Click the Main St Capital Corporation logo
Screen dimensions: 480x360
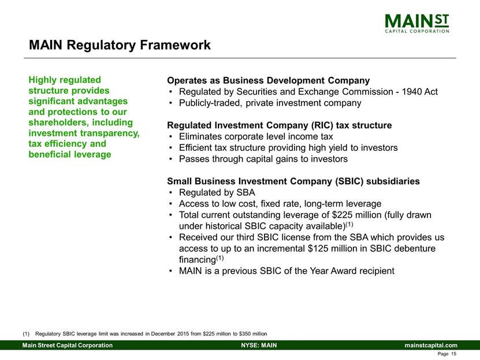coord(417,23)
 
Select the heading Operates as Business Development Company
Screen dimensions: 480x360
coord(268,80)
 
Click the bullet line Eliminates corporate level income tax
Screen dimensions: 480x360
coord(256,136)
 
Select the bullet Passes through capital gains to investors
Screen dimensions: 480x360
coord(263,159)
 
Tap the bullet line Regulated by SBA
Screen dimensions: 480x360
coord(217,192)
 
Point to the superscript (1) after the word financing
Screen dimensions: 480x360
coord(220,258)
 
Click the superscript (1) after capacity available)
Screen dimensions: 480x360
coord(349,224)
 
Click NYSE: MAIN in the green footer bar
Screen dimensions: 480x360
coord(259,346)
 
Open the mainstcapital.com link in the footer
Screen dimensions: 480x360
coord(431,346)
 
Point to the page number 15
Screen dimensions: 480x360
coord(453,354)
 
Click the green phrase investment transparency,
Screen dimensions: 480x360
coord(84,133)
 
